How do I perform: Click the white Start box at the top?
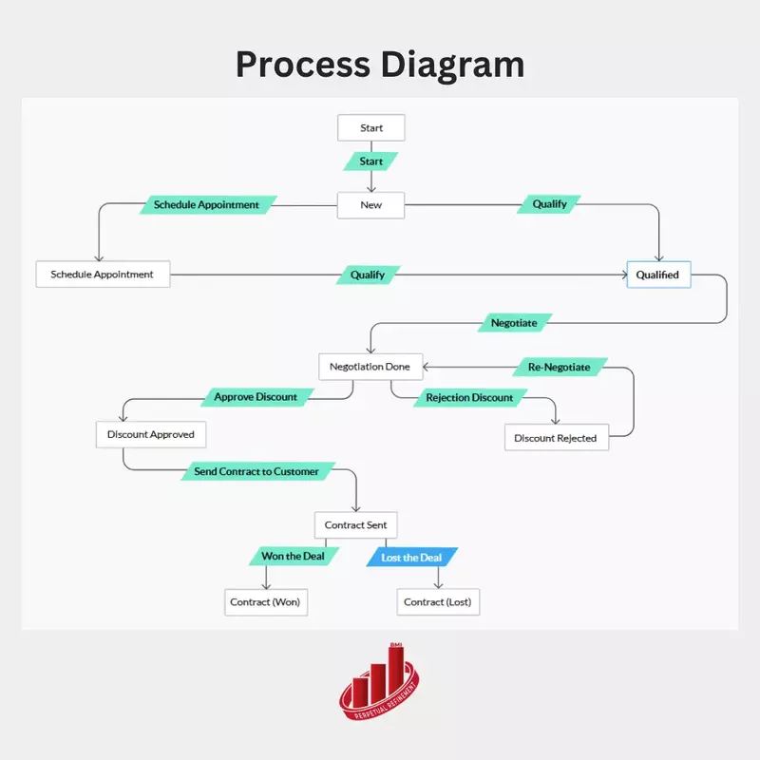pos(371,127)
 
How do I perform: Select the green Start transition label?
pos(371,161)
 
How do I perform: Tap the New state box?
pos(371,205)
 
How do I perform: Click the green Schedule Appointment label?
pos(206,204)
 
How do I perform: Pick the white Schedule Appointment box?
pos(103,275)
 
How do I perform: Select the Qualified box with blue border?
pos(658,275)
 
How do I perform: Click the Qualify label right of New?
pos(549,204)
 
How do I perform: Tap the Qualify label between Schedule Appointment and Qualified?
pos(368,275)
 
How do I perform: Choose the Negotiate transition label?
pos(514,323)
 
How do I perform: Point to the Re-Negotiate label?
pos(559,367)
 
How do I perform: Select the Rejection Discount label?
pos(469,398)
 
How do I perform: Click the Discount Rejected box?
pos(556,438)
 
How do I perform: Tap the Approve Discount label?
pos(256,397)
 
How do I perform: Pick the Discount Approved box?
pos(151,434)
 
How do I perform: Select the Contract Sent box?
pos(355,524)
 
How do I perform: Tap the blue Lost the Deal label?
pos(411,558)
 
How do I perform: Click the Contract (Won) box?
pos(264,602)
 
